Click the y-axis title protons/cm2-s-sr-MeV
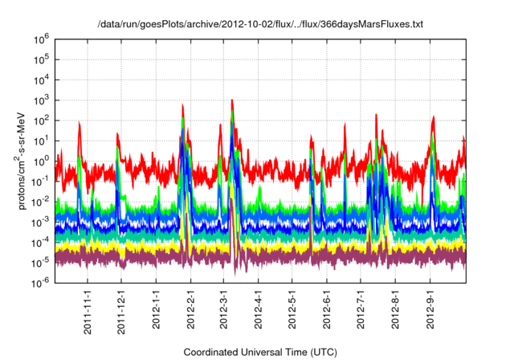tap(25, 160)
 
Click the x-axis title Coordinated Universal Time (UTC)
tap(259, 352)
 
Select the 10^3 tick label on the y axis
tap(39, 100)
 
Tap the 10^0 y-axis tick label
tap(39, 161)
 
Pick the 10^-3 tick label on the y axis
tap(39, 221)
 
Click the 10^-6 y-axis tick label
tap(39, 282)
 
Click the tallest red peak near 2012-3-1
tap(232, 100)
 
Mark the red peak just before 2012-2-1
tap(183, 104)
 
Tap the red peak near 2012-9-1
tap(434, 117)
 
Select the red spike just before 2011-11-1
tap(79, 122)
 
